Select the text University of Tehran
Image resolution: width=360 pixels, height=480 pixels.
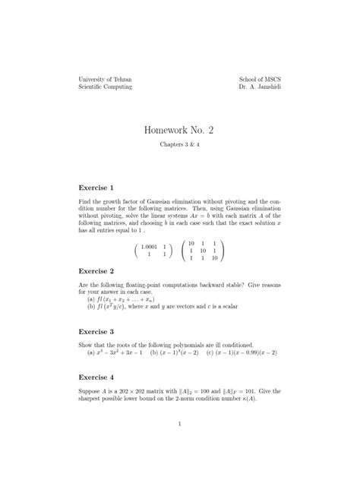click(x=106, y=79)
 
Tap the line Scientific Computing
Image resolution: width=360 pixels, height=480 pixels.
click(x=106, y=87)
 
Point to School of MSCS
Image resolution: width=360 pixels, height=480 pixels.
click(x=259, y=79)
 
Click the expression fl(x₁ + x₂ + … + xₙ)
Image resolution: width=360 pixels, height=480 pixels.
click(x=123, y=299)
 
